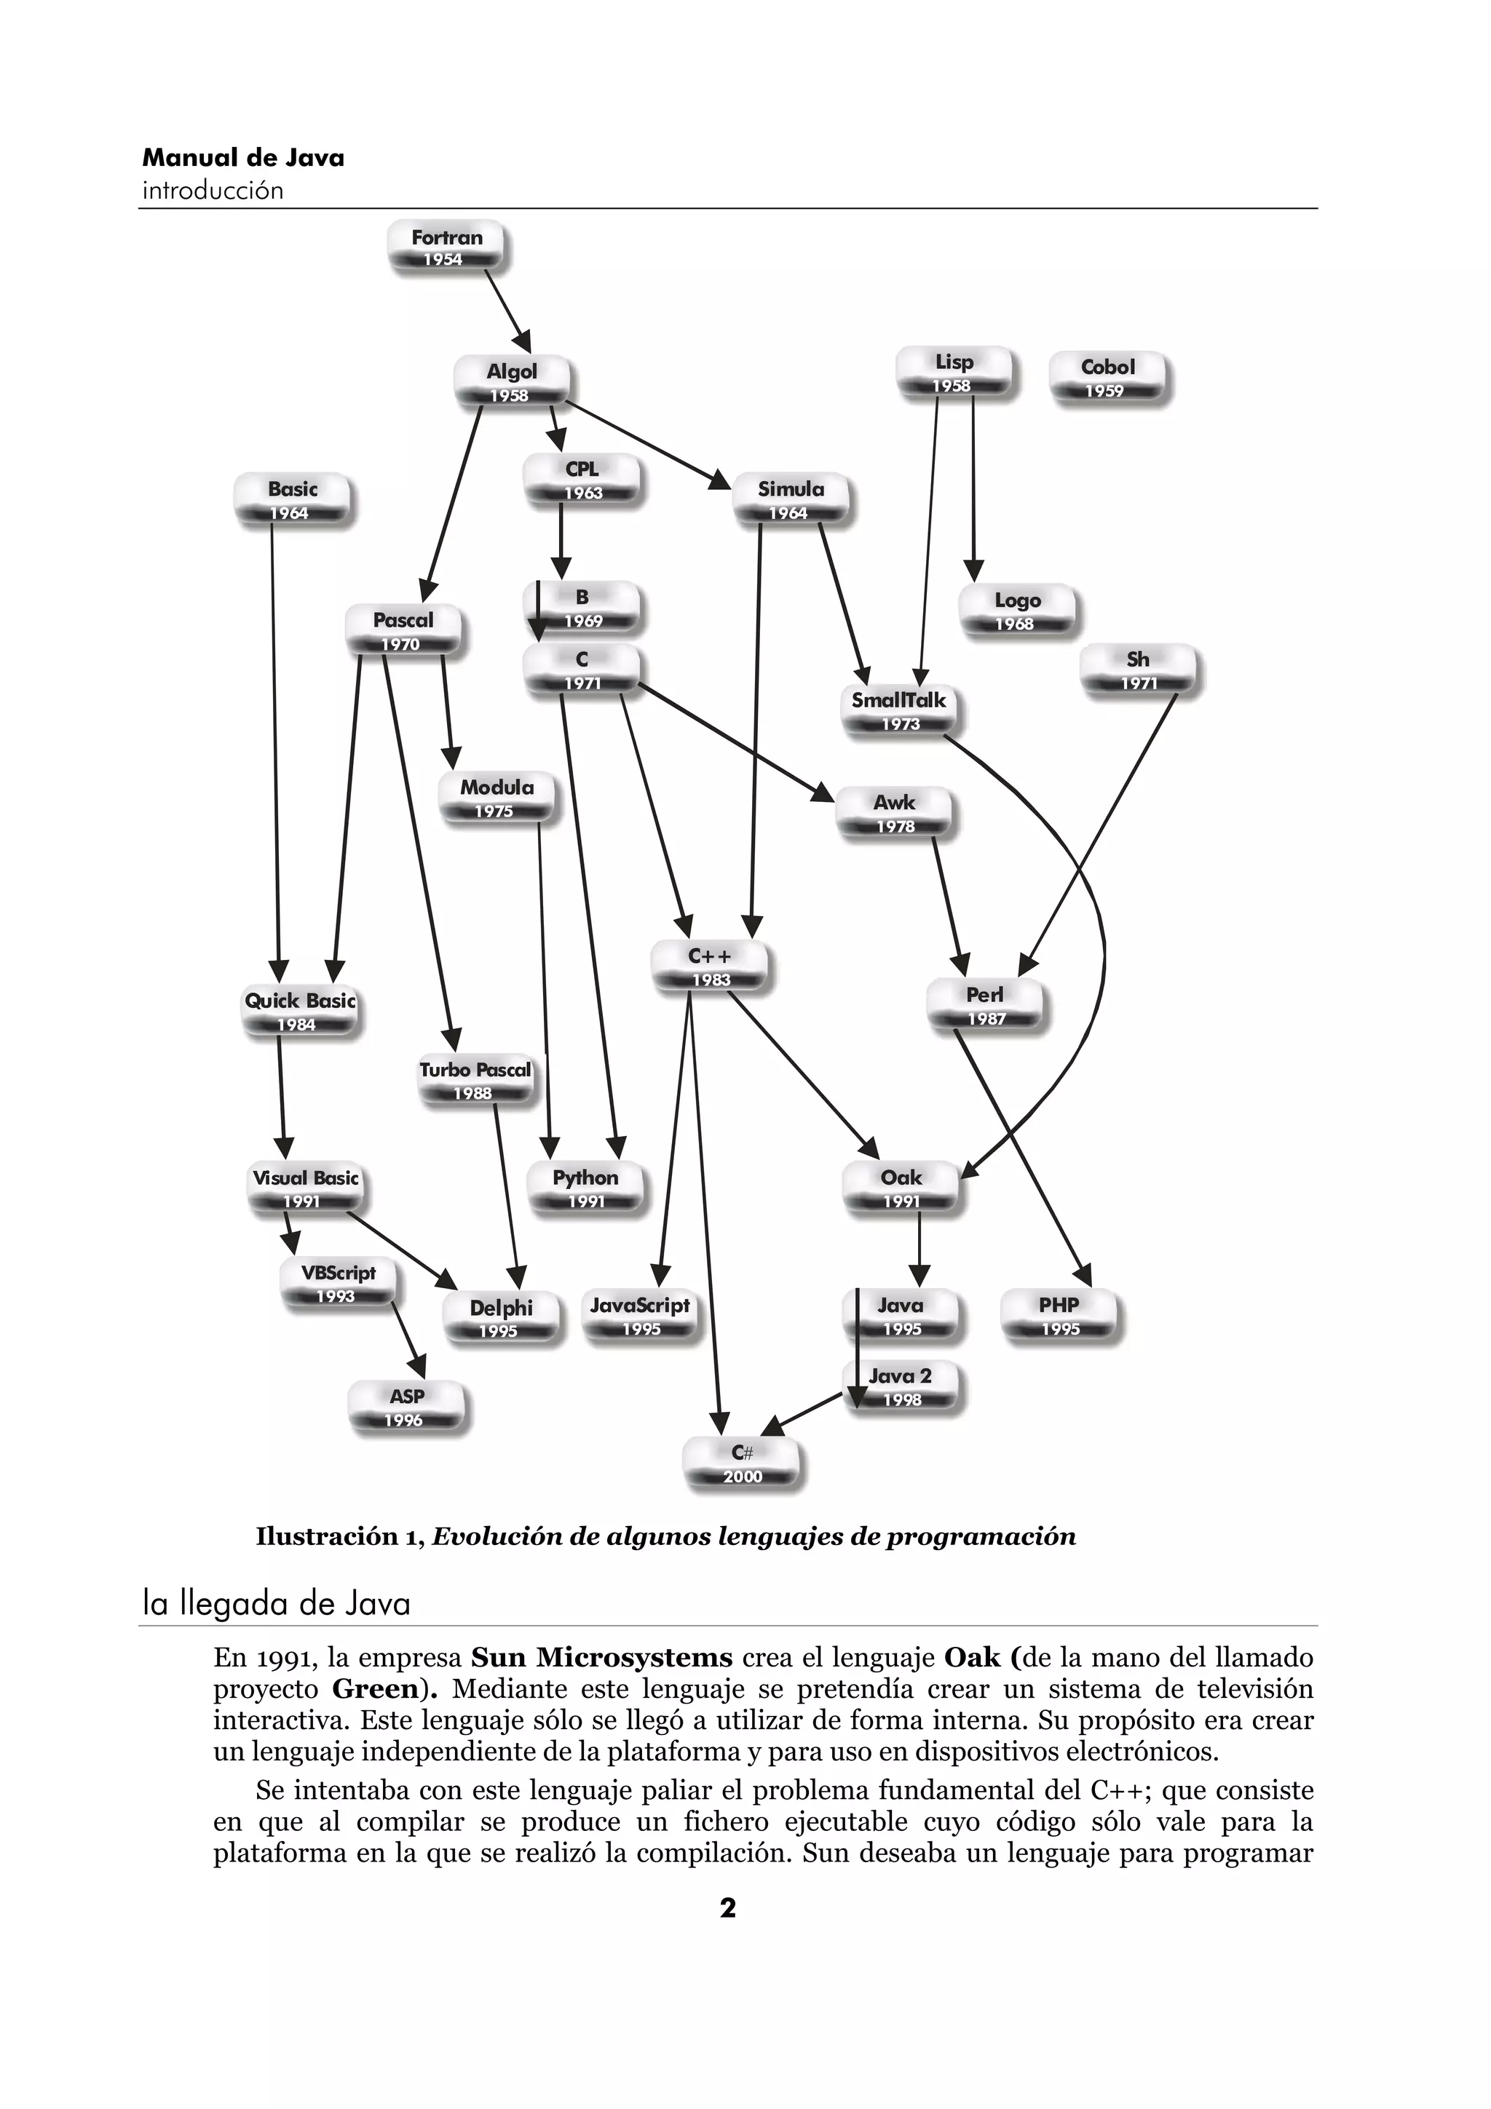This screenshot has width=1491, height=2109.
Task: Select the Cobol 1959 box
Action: [x=1107, y=378]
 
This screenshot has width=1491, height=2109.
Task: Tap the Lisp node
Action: [x=954, y=373]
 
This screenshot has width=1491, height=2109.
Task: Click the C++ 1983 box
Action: [x=709, y=966]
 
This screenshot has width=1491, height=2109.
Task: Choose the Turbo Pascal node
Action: [x=475, y=1080]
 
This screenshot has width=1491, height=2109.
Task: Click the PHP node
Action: [x=1059, y=1315]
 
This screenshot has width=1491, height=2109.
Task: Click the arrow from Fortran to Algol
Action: [x=508, y=312]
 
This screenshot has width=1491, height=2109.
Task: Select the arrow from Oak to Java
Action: [x=919, y=1250]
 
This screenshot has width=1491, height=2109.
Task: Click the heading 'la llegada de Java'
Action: [x=277, y=1603]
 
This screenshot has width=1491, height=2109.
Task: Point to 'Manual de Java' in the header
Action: [x=243, y=158]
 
